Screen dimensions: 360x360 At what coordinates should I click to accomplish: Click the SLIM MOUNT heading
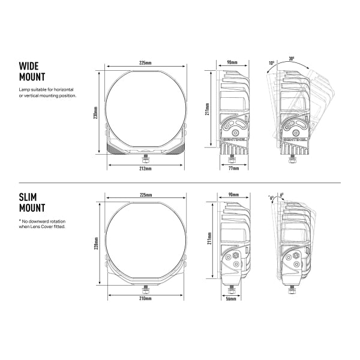click(31, 203)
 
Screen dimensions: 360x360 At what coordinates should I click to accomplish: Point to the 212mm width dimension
click(144, 169)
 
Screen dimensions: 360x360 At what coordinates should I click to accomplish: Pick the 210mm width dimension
click(144, 298)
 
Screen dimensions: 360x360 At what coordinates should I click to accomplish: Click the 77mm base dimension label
click(234, 169)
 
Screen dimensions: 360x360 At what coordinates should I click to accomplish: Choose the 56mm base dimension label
click(230, 298)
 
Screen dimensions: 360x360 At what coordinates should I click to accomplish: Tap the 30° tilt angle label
click(291, 59)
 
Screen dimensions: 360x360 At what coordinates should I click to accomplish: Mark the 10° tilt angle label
click(271, 62)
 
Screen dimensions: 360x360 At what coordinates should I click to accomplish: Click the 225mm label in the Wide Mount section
click(144, 62)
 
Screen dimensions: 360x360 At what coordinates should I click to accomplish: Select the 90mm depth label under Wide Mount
click(233, 62)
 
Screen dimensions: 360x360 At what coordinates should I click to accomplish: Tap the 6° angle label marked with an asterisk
click(272, 197)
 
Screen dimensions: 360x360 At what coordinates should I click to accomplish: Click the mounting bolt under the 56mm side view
click(230, 288)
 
